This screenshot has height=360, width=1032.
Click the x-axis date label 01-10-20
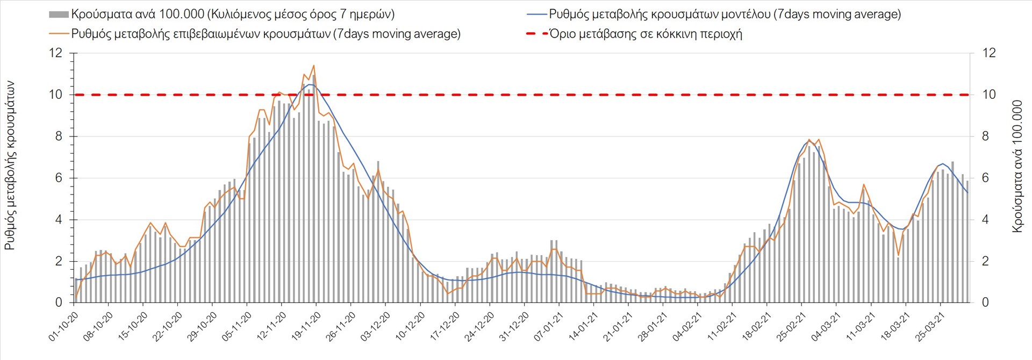click(64, 327)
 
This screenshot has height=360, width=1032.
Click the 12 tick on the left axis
click(55, 53)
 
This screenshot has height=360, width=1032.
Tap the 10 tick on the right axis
click(989, 95)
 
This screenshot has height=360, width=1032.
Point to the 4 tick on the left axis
click(59, 220)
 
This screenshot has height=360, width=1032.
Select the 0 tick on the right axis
click(985, 303)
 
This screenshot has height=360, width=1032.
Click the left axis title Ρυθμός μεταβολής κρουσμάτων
click(10, 165)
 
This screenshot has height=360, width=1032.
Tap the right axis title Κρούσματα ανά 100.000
click(1017, 166)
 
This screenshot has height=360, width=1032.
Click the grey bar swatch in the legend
click(59, 15)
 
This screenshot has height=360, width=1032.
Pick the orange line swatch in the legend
click(59, 34)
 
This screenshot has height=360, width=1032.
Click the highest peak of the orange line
click(313, 66)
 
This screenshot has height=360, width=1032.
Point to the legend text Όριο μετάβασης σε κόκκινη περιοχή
click(646, 34)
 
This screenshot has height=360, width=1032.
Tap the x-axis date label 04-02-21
click(687, 327)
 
